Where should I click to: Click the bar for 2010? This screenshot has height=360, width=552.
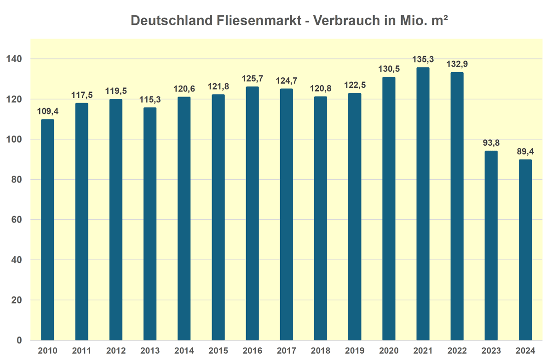47,230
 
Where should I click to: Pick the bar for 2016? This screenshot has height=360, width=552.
252,213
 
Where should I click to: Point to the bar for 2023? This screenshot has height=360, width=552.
491,246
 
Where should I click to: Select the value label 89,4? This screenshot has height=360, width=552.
525,151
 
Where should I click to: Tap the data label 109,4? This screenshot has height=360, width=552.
47,111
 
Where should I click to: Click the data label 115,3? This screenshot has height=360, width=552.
150,99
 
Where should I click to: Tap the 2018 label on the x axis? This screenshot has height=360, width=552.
320,351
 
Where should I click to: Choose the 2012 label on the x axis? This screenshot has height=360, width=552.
115,351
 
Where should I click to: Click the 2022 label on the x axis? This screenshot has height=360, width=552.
457,351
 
